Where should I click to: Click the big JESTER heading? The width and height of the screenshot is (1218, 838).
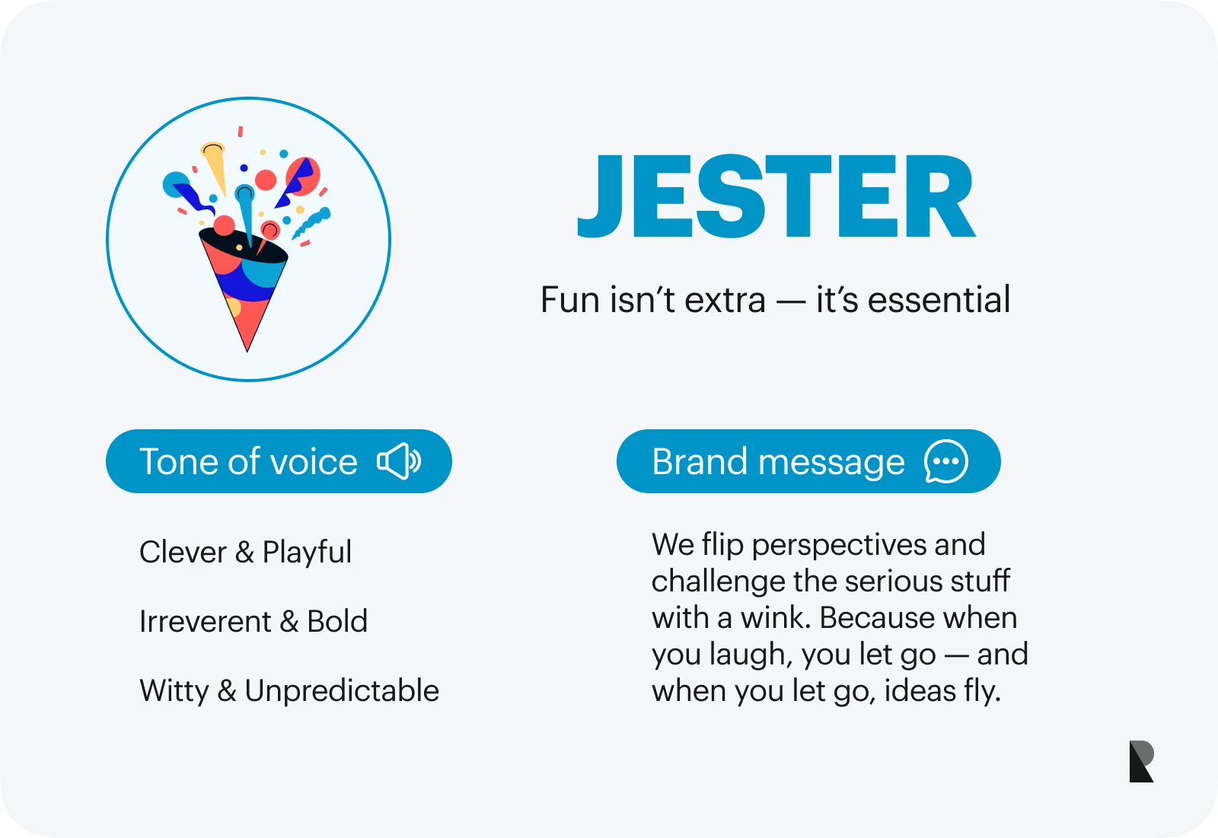(776, 196)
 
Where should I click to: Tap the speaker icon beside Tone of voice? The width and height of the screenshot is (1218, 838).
(399, 461)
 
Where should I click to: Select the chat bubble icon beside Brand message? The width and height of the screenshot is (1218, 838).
(946, 461)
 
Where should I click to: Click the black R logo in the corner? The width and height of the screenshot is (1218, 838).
(1141, 761)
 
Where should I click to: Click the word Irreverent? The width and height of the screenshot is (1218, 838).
(205, 621)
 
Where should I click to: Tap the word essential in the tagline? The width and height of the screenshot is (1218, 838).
(939, 299)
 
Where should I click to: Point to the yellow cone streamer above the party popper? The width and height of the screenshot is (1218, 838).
(215, 167)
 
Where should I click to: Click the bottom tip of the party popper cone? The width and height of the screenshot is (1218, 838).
(247, 352)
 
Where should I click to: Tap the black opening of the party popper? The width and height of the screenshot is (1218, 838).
(243, 246)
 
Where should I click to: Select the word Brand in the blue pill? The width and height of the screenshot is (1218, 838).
(700, 462)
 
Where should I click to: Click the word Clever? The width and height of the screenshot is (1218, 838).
(183, 552)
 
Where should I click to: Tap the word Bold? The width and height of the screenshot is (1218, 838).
(337, 621)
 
